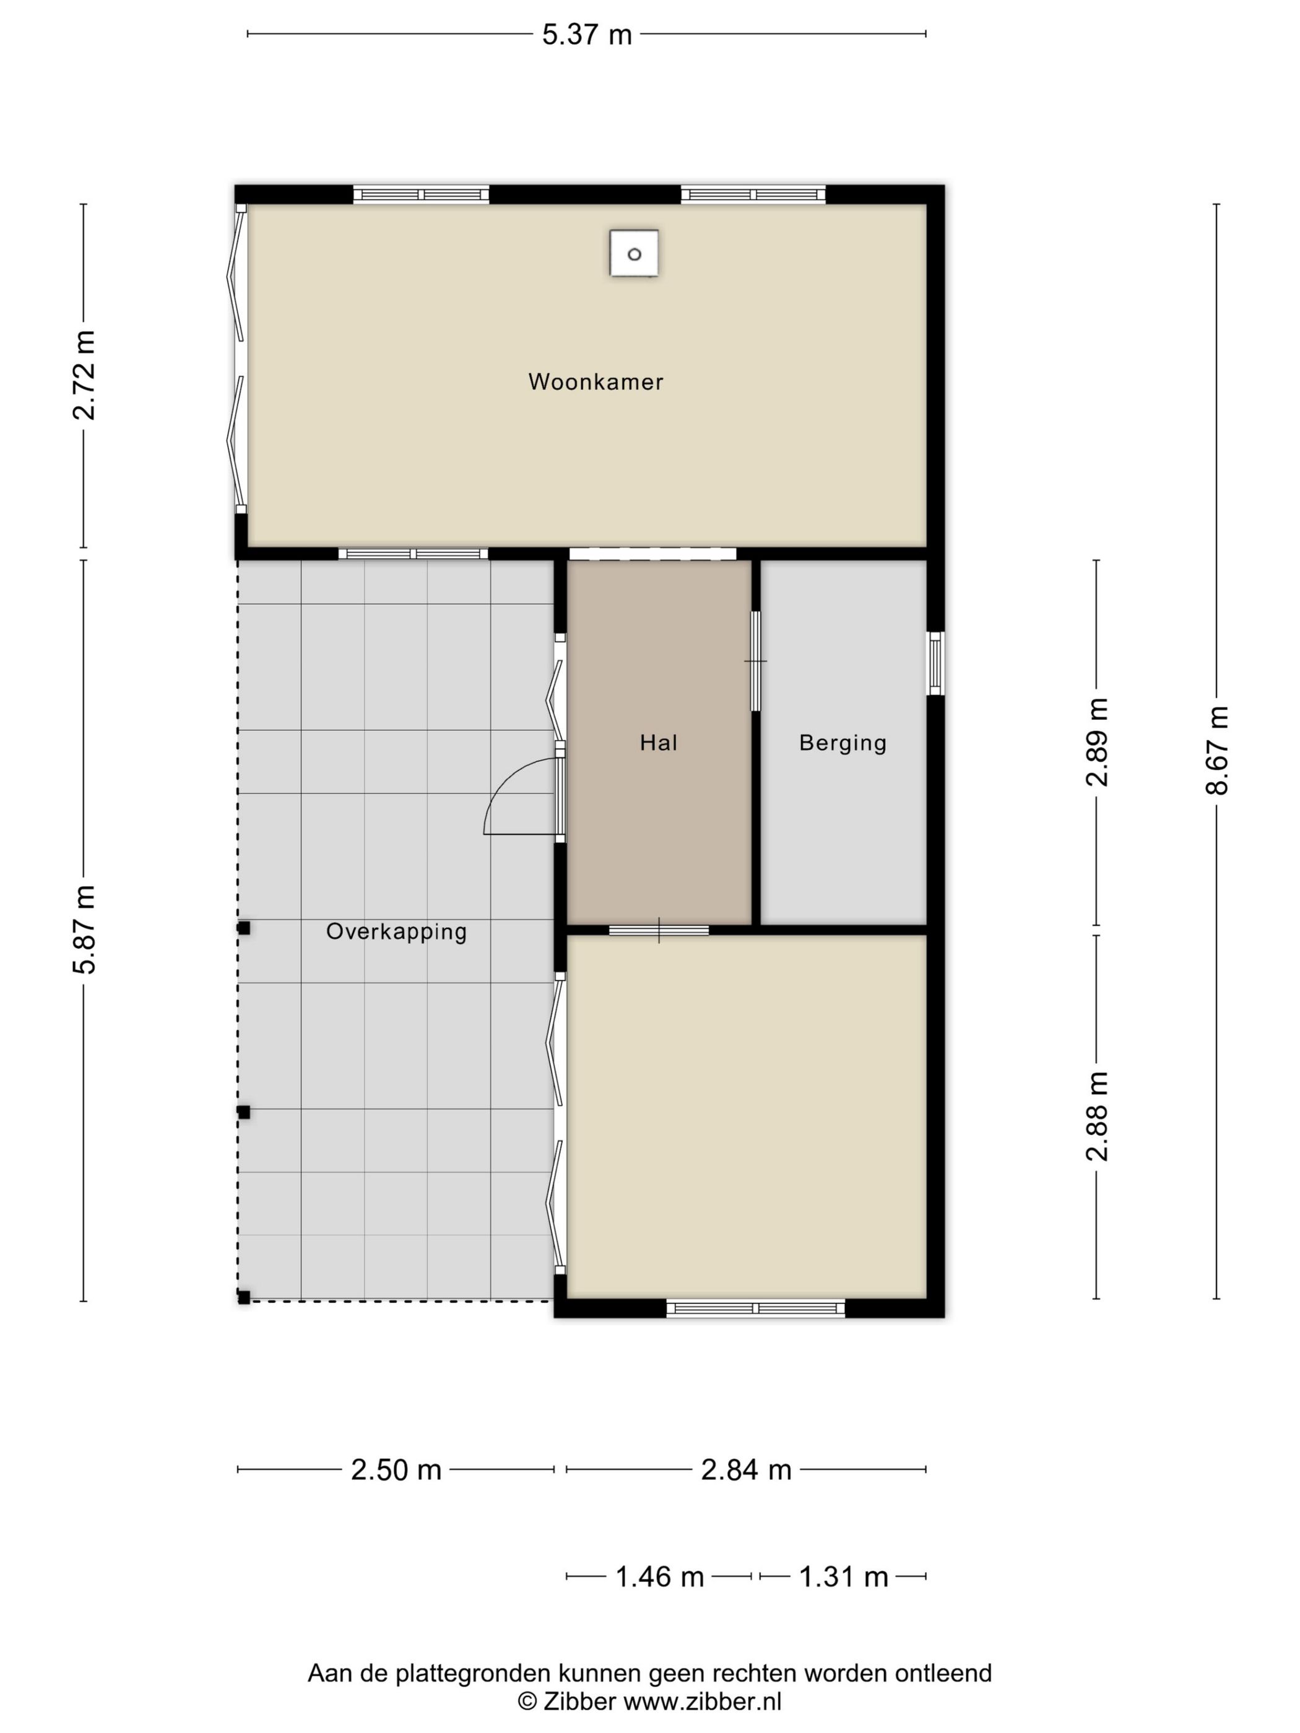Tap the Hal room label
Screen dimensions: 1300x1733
click(658, 742)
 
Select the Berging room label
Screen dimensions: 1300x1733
click(843, 743)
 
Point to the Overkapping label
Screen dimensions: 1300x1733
click(397, 931)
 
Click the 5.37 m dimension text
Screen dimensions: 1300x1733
click(587, 35)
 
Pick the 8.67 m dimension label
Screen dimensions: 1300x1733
click(1216, 750)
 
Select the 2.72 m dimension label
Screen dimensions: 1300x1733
click(84, 375)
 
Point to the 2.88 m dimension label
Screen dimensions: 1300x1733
click(1096, 1116)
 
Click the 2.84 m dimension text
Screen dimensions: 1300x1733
click(746, 1470)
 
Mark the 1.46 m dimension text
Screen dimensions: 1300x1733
click(659, 1576)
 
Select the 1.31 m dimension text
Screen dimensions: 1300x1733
click(843, 1576)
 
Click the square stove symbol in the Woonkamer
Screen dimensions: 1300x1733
click(634, 253)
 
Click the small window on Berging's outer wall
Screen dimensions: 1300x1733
click(935, 663)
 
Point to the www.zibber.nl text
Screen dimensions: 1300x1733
click(702, 1701)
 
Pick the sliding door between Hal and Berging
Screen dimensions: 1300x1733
click(755, 661)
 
